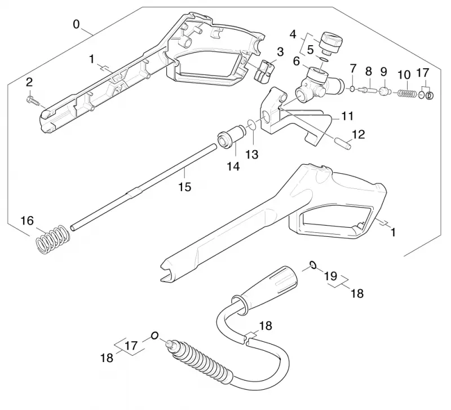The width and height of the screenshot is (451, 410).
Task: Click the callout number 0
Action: tap(76, 24)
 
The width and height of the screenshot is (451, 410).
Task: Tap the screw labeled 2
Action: tap(33, 102)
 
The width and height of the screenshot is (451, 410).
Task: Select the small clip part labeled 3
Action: tap(264, 71)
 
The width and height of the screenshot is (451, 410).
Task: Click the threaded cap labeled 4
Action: tap(331, 43)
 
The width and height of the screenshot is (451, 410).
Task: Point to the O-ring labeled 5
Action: tap(324, 60)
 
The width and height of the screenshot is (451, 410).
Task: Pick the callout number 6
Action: tap(297, 61)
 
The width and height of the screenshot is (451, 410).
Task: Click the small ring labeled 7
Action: tap(352, 89)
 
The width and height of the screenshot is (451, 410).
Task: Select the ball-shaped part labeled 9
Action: tap(384, 91)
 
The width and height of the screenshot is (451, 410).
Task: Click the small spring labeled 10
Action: tap(406, 94)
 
